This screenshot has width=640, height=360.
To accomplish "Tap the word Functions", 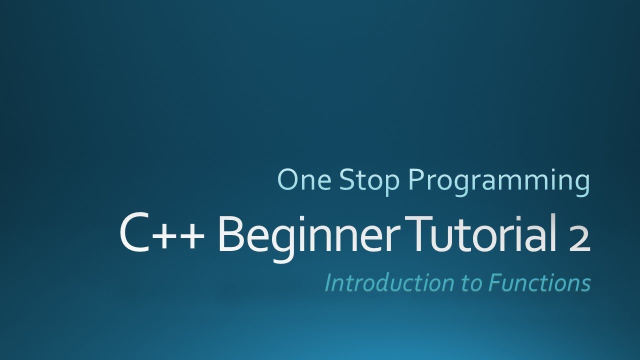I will (540, 283).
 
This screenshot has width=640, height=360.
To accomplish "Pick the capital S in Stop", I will (346, 179).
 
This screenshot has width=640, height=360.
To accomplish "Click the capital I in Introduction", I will (328, 283).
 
